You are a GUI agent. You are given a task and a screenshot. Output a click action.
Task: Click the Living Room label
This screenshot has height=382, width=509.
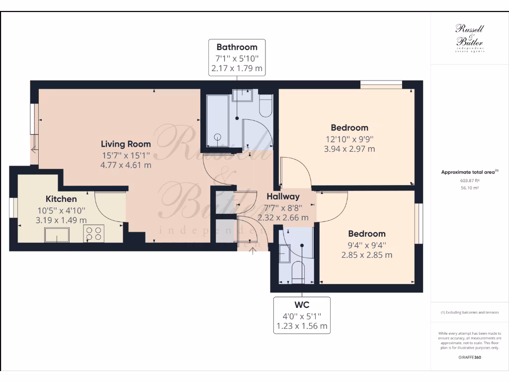click(x=126, y=144)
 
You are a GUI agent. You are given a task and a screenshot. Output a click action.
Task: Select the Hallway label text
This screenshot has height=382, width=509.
click(x=283, y=196)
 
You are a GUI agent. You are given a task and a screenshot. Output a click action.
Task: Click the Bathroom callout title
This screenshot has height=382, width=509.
click(x=237, y=47)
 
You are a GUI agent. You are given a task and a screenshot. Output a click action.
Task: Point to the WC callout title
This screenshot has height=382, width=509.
click(x=302, y=305)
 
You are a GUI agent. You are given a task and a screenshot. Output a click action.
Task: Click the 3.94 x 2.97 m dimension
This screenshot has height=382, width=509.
click(x=350, y=149)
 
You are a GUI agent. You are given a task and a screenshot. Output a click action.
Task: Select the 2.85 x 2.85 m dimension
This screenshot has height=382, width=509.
click(x=367, y=255)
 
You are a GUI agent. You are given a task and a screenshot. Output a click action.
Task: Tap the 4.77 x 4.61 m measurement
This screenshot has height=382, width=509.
click(x=126, y=165)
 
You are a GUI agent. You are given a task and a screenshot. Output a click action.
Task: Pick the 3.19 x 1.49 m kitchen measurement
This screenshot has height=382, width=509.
click(x=61, y=220)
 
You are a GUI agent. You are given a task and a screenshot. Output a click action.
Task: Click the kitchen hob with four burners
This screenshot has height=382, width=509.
click(x=94, y=233)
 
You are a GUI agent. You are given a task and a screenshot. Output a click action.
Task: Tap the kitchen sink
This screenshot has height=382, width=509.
click(x=57, y=234)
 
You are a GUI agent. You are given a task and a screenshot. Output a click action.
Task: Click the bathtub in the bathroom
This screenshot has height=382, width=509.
click(x=217, y=121)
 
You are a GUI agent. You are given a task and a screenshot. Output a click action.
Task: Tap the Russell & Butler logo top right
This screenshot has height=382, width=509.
click(x=470, y=38)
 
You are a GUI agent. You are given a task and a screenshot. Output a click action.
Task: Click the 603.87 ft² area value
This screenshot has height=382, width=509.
click(x=470, y=181)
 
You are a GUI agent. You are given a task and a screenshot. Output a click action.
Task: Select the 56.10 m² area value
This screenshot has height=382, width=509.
click(x=470, y=188)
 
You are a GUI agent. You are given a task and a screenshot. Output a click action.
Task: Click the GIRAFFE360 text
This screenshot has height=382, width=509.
click(x=470, y=357)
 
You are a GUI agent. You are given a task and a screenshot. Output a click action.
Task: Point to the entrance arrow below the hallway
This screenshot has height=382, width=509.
click(x=254, y=250)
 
